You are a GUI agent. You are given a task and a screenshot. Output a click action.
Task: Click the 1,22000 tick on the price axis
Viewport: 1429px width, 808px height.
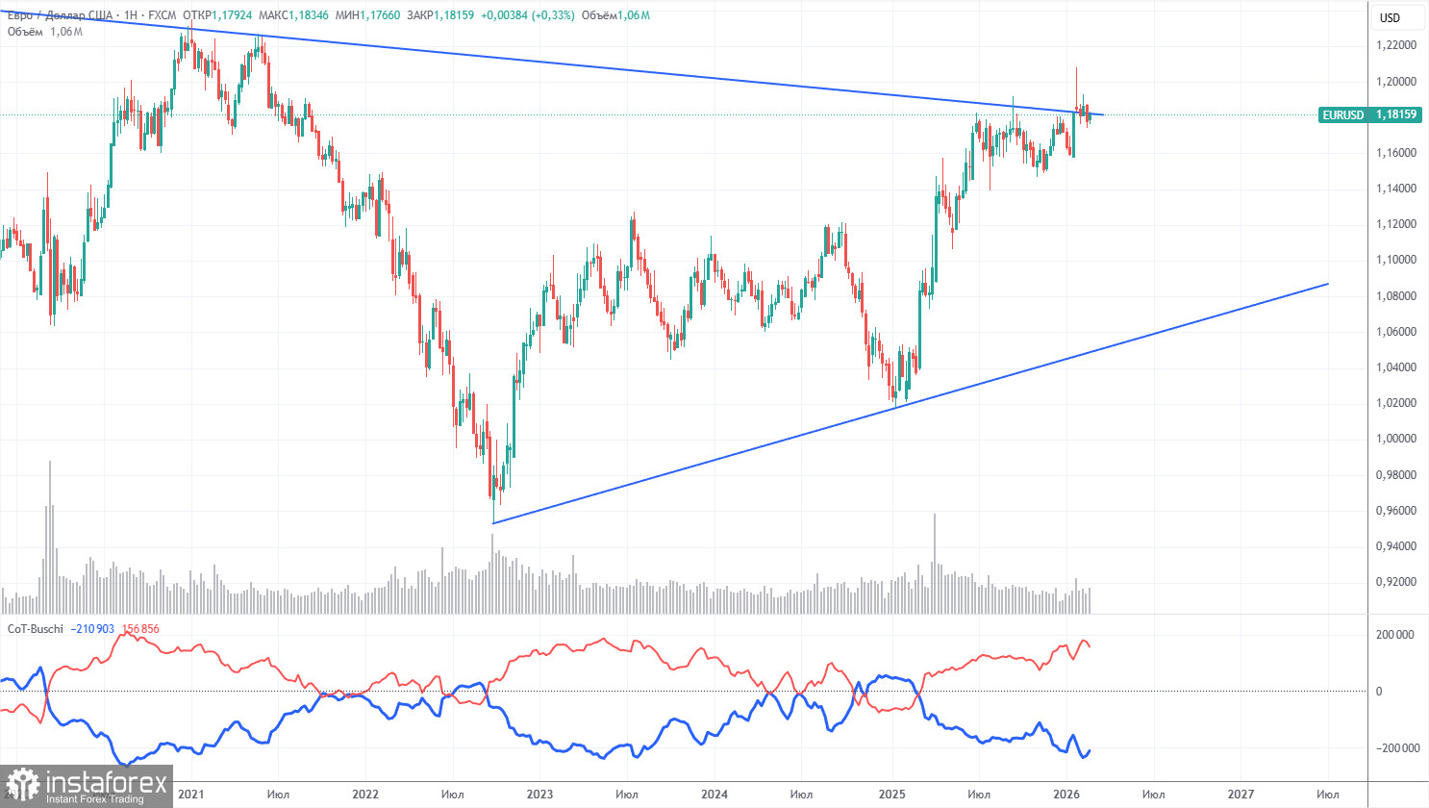1395,45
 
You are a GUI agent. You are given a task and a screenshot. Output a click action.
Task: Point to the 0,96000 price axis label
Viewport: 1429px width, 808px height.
1395,511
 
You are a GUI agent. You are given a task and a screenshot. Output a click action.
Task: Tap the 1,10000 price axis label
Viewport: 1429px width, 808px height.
1395,260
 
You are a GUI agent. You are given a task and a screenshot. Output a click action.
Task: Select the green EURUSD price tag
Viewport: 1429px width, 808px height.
1342,115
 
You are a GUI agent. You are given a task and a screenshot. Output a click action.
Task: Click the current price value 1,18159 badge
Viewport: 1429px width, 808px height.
1394,115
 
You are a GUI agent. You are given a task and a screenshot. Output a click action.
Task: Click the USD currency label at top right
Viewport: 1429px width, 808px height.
1390,18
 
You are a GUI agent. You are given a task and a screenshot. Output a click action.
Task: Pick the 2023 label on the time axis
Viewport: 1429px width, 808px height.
539,795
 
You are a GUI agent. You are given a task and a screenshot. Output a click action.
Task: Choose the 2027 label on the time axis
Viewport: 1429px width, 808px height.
1241,795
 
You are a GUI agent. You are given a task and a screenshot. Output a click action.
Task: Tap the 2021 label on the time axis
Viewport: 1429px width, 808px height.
190,795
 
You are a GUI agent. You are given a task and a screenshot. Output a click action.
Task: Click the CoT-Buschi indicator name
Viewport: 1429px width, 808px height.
36,629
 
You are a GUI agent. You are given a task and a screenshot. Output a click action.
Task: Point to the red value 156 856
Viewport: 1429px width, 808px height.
140,629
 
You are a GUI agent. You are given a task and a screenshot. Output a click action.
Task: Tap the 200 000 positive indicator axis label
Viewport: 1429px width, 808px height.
1395,635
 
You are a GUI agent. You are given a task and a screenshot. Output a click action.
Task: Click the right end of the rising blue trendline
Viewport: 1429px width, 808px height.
1328,284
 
